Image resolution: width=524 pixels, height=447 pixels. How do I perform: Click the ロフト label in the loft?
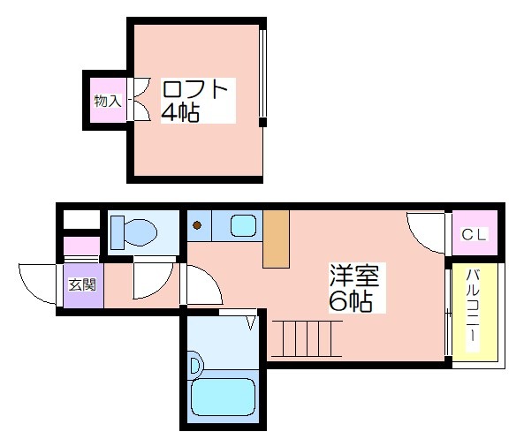194,89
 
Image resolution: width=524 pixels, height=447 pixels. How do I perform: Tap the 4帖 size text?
180,112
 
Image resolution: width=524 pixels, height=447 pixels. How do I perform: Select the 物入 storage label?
108,101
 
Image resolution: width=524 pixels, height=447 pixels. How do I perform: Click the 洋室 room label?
354,276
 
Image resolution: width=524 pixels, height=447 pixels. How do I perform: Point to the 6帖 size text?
351,301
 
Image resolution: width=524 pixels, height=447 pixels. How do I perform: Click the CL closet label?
474,234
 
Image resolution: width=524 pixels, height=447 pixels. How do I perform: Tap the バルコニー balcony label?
473,307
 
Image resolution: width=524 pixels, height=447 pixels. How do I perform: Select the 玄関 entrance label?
82,285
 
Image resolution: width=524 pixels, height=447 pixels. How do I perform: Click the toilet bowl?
140,232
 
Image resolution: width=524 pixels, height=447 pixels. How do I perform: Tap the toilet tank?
118,232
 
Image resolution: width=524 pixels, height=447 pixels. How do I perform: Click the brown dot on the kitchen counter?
197,225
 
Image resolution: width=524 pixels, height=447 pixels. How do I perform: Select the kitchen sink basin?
244,225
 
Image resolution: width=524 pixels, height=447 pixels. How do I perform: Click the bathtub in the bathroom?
223,398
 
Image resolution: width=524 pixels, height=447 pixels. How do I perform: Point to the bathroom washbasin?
194,365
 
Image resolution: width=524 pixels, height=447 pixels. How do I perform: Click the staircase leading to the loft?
307,338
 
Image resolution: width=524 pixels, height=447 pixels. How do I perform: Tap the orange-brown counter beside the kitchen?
276,239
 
